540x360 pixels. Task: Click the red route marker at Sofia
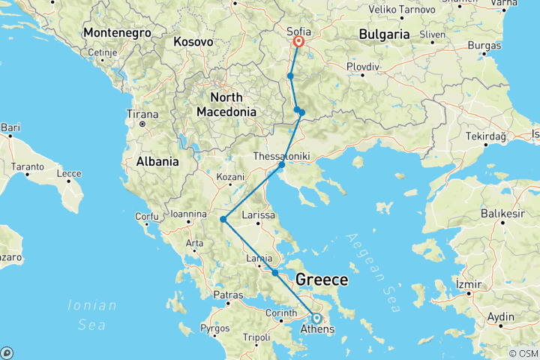[x=298, y=42]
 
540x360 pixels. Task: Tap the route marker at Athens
[x=316, y=318]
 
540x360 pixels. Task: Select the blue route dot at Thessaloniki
[x=281, y=165]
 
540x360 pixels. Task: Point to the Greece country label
[x=322, y=280]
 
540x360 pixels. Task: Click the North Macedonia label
[x=226, y=104]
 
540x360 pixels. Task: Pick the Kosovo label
[x=193, y=42]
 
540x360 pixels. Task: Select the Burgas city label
[x=484, y=46]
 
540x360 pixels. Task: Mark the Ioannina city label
[x=188, y=213]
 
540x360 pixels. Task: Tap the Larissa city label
[x=258, y=215]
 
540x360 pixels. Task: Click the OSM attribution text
[x=523, y=353]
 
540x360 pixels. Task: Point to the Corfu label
[x=146, y=217]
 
